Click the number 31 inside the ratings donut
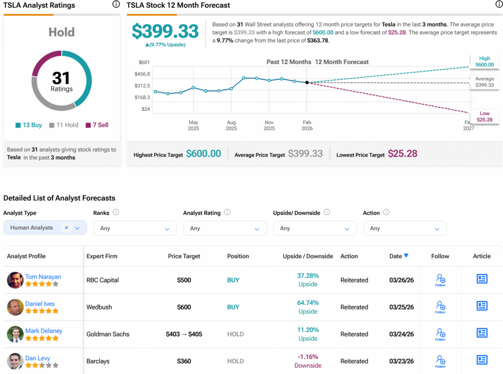coord(61,78)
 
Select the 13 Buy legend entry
coord(29,125)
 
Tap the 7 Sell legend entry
coord(97,125)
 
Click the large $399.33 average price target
coord(165,31)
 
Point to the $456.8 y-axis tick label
coord(142,74)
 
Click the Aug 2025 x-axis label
coord(231,125)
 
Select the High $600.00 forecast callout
coord(484,62)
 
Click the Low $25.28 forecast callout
coord(484,117)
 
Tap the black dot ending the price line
coord(307,83)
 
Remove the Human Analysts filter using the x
coord(66,228)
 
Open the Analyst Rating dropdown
coord(224,228)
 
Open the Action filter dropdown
coord(404,228)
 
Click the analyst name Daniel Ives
coord(40,304)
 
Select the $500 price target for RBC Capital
coord(184,280)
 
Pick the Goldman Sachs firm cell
coord(108,334)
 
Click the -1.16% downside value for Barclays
coord(307,357)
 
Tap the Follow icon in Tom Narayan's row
coord(440,280)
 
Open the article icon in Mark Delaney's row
coord(482,333)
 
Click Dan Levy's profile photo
coord(15,361)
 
